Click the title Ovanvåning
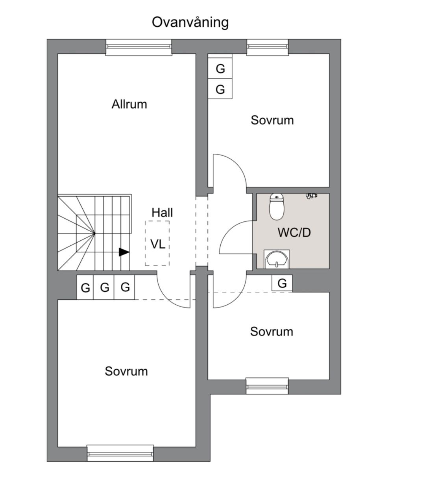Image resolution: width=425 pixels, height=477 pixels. point(190,22)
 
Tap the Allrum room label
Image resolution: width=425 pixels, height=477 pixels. point(129,104)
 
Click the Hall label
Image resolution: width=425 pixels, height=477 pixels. point(162,213)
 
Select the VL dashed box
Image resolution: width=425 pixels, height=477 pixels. point(157,243)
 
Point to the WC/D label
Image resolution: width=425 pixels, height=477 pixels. point(294,232)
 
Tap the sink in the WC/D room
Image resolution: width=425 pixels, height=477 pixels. point(277,259)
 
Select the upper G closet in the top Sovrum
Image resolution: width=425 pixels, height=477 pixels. point(220,68)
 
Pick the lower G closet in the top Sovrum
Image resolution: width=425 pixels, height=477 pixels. point(220,90)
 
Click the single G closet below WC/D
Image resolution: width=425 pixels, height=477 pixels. point(282,283)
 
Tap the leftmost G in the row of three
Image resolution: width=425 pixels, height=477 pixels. point(85,288)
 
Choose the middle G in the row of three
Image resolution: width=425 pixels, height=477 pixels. point(105,287)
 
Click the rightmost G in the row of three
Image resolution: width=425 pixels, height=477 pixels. point(125,287)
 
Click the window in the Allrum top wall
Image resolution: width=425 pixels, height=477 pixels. point(139,47)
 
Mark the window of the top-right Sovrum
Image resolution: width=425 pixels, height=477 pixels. point(268,46)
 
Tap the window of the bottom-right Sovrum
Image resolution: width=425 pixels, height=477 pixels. point(267,385)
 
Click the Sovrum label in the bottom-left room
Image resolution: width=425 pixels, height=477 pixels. point(126,371)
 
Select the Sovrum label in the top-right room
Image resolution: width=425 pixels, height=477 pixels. point(272,120)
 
